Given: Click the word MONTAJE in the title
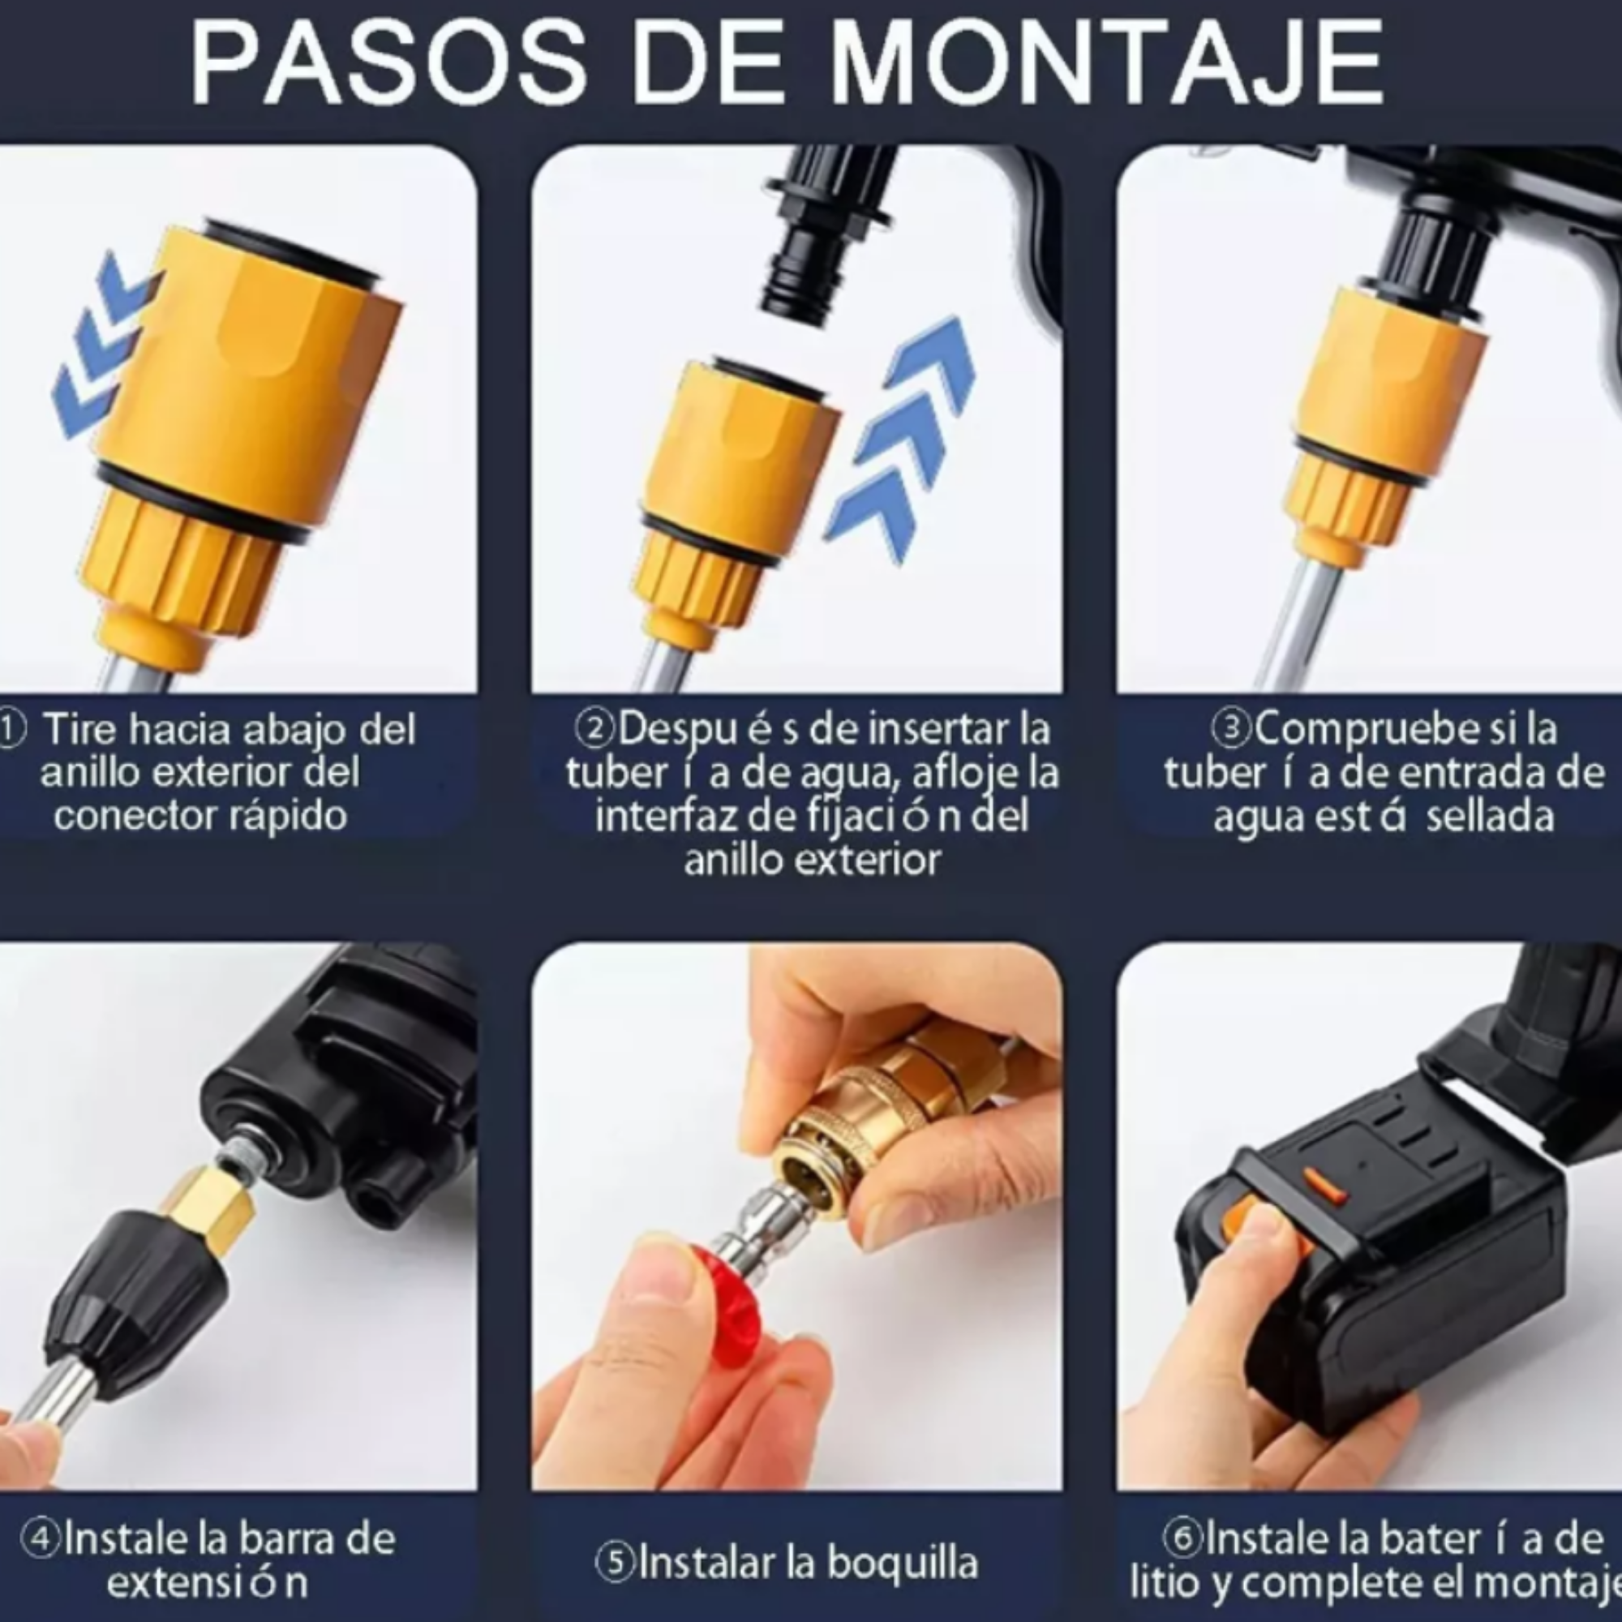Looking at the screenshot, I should click(1106, 63).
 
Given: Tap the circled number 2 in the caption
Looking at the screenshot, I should click(594, 729).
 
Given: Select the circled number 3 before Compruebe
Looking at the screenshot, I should click(1232, 729).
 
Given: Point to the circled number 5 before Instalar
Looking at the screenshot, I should click(616, 1564).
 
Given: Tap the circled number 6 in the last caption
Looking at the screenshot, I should click(1182, 1537).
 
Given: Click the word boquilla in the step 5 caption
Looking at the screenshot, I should click(903, 1564).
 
